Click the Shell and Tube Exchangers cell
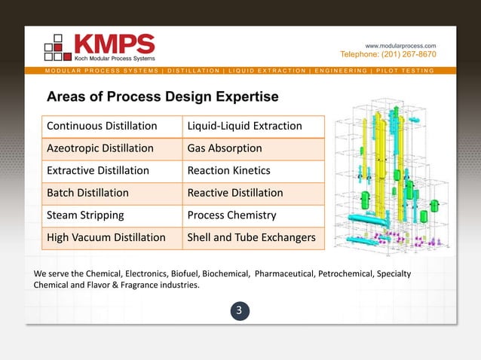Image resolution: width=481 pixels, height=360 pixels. coord(253,238)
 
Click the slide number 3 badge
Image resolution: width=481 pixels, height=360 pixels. coord(240,310)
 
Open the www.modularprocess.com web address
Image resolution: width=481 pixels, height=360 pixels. coord(400,46)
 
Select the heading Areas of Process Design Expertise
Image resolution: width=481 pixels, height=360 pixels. coord(162,97)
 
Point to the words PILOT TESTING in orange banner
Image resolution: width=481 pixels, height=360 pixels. coord(406,71)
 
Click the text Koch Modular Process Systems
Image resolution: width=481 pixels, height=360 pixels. coord(115,58)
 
